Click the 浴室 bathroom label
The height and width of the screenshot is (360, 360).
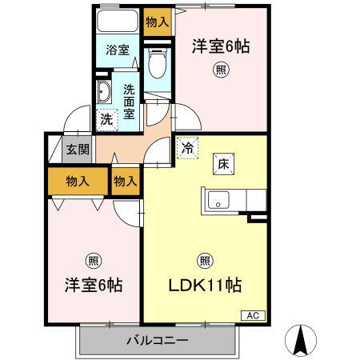coord(118,50)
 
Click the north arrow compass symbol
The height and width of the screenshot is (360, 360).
coord(302,340)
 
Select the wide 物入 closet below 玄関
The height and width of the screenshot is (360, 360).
coord(78,182)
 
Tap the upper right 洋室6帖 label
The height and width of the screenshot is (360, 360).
coord(220,47)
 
